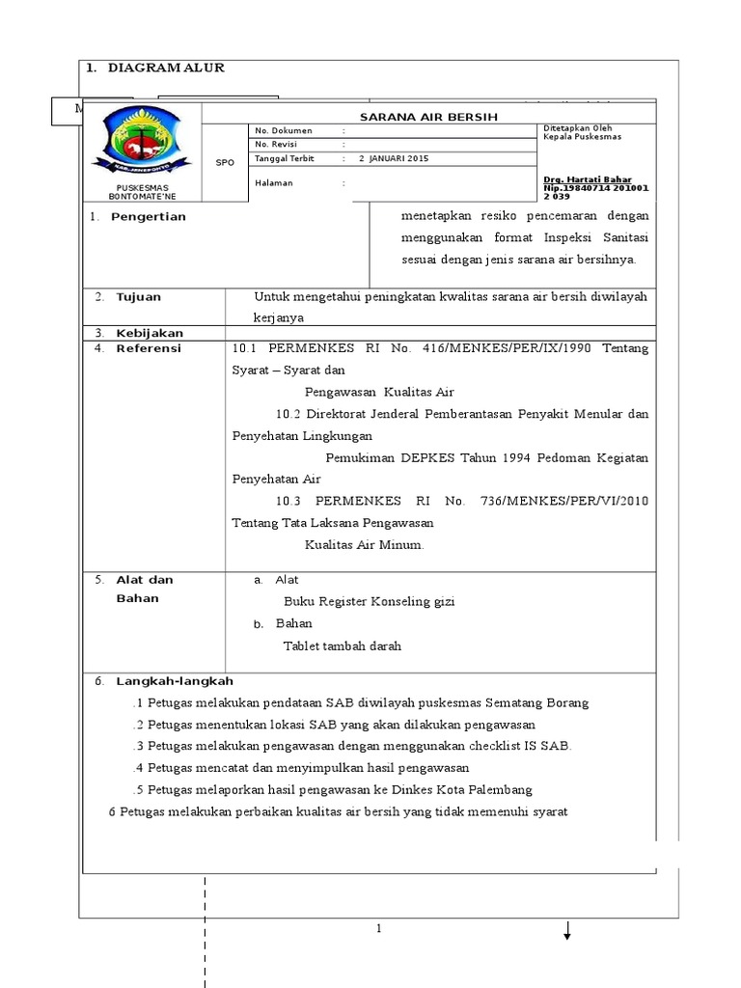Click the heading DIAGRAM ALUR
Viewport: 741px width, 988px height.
point(166,69)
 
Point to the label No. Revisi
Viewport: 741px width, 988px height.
point(276,144)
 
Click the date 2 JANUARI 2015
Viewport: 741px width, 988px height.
point(393,157)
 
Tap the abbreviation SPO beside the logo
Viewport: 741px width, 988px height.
point(225,163)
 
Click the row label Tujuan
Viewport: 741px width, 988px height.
point(139,297)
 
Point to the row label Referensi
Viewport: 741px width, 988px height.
point(149,348)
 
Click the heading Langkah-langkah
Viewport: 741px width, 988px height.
point(175,681)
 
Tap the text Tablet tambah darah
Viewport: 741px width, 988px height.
point(342,646)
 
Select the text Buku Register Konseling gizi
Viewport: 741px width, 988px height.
point(369,601)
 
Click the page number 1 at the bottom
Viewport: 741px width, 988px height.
point(380,929)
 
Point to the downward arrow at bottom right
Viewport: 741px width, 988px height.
point(567,930)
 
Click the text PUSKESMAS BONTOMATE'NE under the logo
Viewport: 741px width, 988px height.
point(141,191)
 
